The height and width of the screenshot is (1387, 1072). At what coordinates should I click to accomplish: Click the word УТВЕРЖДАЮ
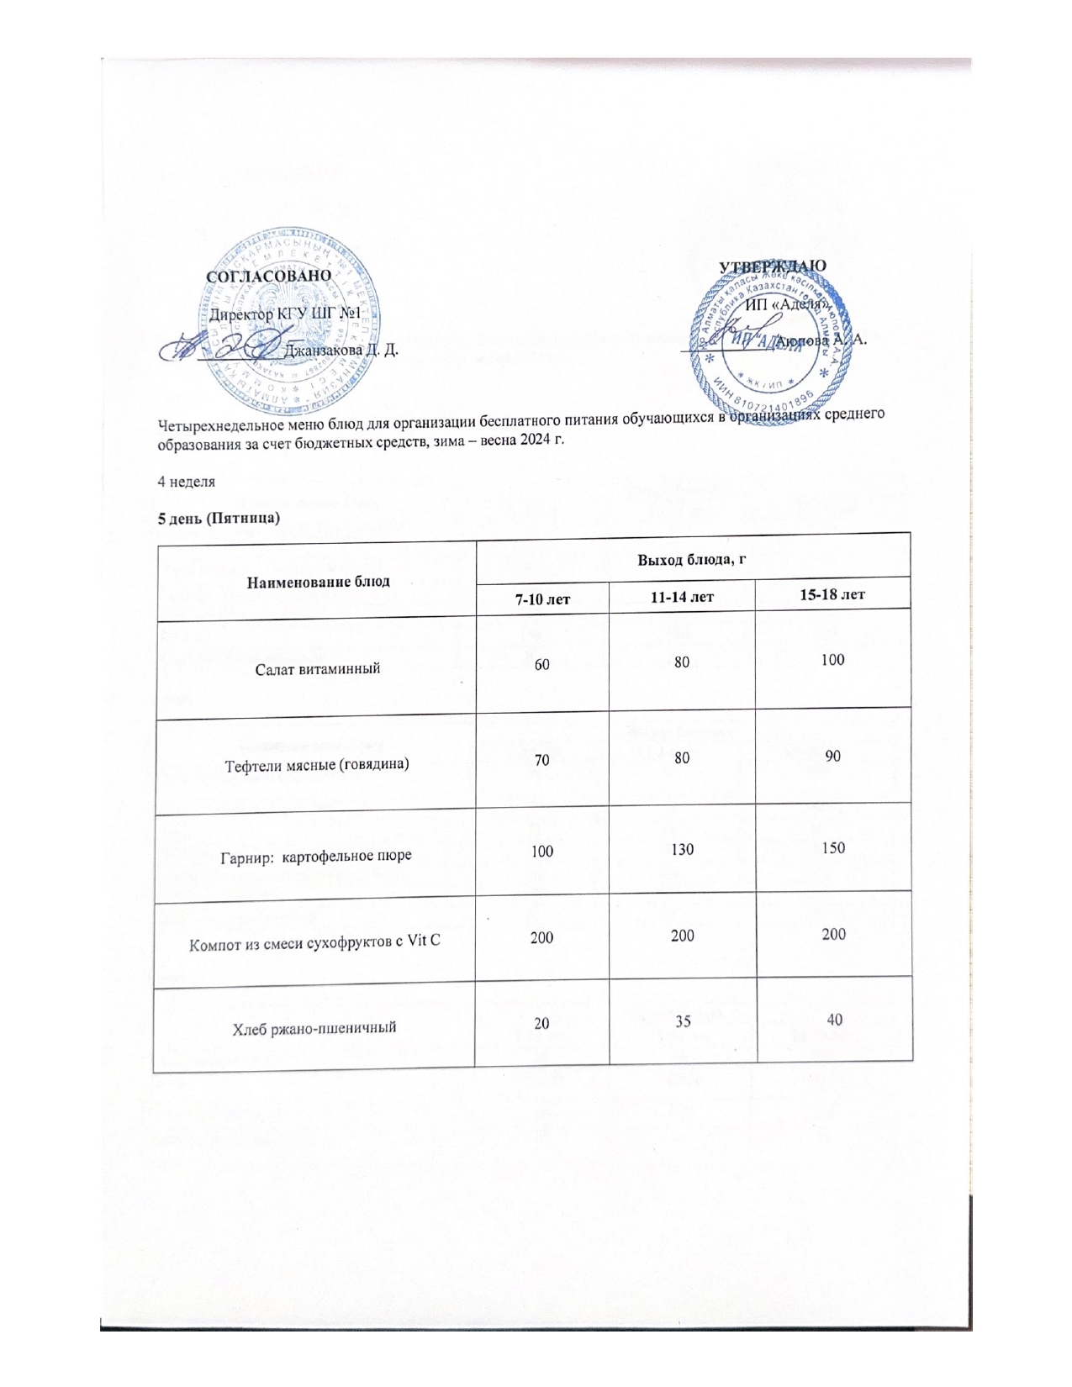click(773, 266)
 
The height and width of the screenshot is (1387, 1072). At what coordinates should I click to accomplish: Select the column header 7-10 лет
click(542, 599)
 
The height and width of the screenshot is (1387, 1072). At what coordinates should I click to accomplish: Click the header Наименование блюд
click(318, 581)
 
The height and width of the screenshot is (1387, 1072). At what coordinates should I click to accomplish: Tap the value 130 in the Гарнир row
click(683, 850)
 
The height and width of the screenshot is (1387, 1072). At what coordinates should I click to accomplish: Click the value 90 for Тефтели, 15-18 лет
click(832, 756)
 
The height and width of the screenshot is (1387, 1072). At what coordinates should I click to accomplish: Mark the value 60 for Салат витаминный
click(542, 664)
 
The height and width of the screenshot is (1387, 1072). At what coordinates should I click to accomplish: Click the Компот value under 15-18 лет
click(833, 934)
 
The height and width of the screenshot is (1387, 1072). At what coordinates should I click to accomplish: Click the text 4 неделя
click(187, 482)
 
